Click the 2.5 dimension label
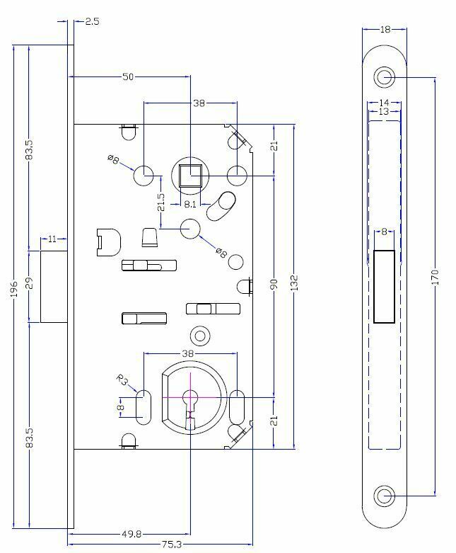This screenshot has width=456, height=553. (92, 21)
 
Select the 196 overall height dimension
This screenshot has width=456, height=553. (13, 288)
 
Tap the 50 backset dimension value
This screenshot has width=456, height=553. (128, 76)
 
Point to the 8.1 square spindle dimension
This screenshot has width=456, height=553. (190, 204)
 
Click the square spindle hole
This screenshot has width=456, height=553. (190, 176)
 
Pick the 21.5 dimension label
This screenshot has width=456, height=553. (161, 202)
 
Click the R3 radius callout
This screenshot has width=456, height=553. (122, 380)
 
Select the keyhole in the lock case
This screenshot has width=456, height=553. (190, 405)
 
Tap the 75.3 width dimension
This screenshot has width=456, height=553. (172, 545)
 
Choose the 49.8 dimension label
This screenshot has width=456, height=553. (131, 535)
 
